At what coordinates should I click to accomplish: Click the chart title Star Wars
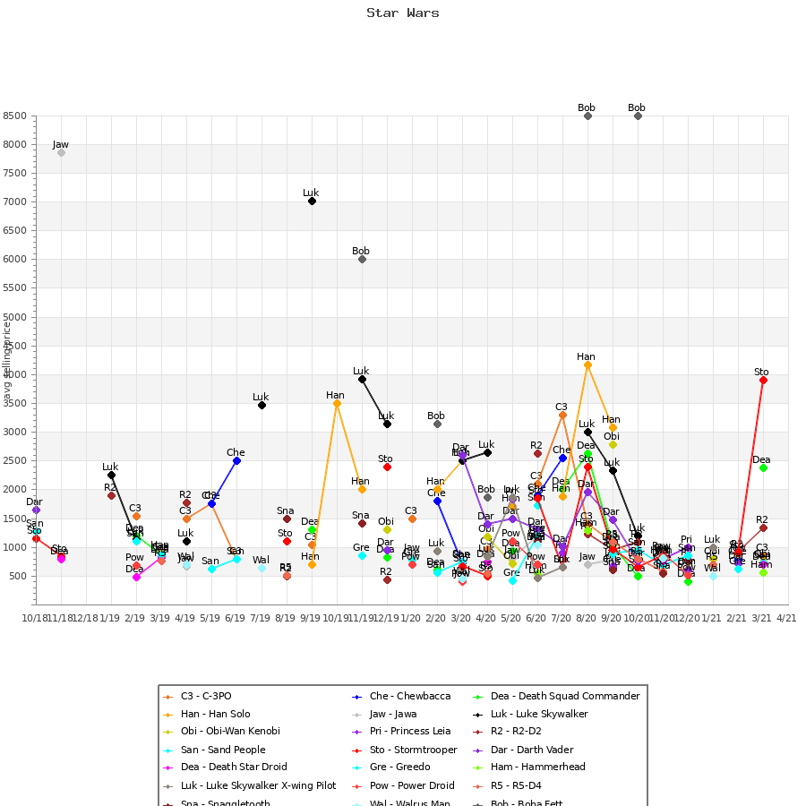click(x=402, y=13)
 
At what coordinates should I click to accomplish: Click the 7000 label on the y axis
click(x=15, y=202)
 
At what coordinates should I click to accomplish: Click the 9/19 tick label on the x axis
click(x=311, y=618)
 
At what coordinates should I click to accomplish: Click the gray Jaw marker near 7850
click(x=61, y=152)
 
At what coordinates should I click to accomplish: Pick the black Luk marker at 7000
click(x=312, y=201)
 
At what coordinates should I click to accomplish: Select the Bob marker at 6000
click(x=362, y=259)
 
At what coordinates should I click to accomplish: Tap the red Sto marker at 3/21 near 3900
click(x=763, y=380)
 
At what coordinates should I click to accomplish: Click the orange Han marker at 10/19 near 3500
click(x=337, y=403)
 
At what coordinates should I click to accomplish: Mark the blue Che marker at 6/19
click(x=236, y=460)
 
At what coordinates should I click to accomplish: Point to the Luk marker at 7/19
click(x=262, y=405)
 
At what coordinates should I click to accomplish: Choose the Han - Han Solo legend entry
click(x=210, y=714)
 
